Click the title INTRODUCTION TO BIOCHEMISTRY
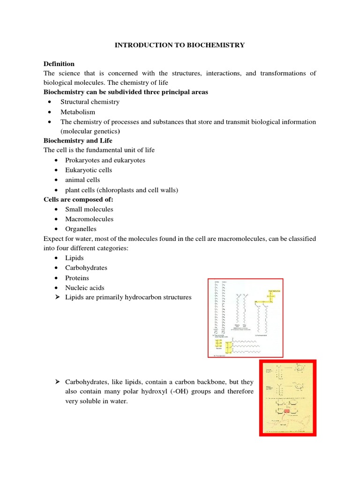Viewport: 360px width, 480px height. [x=180, y=45]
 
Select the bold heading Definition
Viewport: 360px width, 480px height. [x=59, y=64]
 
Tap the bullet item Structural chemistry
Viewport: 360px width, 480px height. [x=90, y=102]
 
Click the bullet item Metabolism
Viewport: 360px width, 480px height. [x=77, y=112]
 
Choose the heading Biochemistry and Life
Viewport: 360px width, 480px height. [x=78, y=141]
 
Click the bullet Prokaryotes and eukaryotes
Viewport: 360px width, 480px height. [x=105, y=160]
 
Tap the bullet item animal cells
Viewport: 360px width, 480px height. [x=82, y=180]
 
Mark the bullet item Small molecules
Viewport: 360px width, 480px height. [x=89, y=210]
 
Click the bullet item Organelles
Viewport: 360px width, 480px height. [x=81, y=229]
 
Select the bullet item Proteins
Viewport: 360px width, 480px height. [x=77, y=278]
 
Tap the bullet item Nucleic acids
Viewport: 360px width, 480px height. [x=85, y=288]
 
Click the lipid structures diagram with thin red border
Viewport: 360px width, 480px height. [x=245, y=318]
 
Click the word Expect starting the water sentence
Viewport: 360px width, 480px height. [x=53, y=239]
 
